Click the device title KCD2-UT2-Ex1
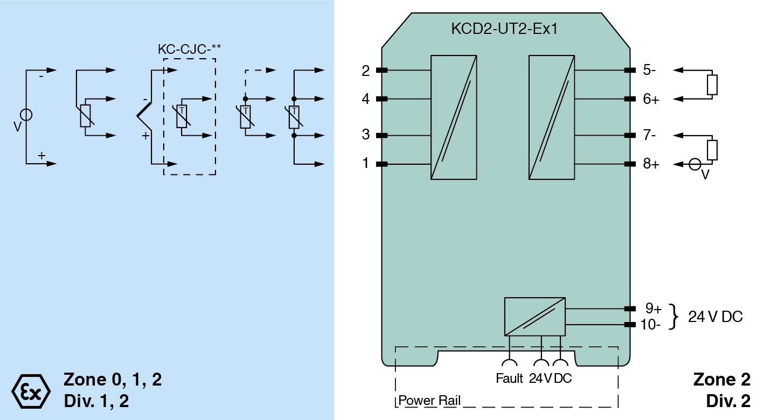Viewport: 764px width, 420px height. (504, 29)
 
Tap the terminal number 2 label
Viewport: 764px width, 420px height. (366, 71)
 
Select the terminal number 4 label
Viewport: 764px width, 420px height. (366, 99)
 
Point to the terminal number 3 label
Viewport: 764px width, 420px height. (366, 135)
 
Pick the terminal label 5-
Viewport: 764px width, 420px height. (649, 71)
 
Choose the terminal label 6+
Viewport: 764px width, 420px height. (651, 99)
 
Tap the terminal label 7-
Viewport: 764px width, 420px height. (649, 135)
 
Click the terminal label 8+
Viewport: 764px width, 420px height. (651, 164)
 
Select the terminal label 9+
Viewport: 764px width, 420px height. (654, 309)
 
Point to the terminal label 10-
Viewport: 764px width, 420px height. (650, 324)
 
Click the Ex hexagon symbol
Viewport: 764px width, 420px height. (31, 389)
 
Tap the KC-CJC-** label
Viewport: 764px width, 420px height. (189, 49)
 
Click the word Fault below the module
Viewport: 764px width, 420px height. (509, 379)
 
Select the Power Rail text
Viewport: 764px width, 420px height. (429, 401)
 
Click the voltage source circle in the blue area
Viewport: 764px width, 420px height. (26, 115)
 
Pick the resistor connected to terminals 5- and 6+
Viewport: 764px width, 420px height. (712, 85)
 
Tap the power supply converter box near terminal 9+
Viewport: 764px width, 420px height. (534, 317)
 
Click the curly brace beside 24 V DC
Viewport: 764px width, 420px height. (673, 317)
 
